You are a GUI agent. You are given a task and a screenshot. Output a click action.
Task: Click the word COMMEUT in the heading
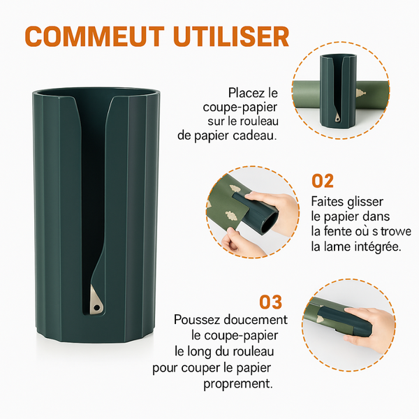click(94, 36)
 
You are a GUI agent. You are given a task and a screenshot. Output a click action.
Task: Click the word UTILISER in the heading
click(231, 36)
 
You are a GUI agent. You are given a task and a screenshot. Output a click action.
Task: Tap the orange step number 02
click(323, 181)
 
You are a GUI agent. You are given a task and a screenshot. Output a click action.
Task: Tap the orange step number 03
click(271, 302)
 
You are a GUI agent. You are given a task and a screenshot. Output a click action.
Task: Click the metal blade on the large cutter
click(96, 300)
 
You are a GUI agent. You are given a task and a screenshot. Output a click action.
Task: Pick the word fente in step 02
click(337, 231)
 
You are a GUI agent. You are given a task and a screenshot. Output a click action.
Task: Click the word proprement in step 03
click(238, 384)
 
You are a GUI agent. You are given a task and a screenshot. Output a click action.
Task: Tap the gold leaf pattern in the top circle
click(361, 94)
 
